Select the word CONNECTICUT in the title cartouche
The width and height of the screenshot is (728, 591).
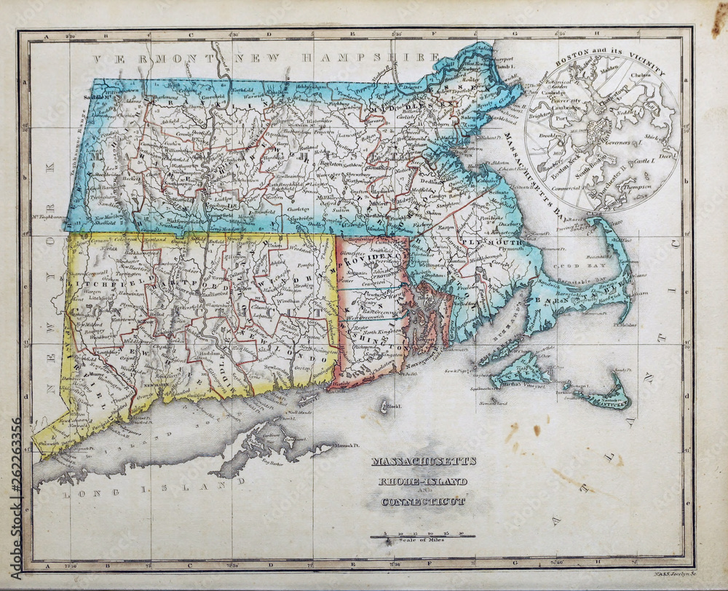(423, 501)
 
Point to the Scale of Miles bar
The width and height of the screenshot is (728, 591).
(422, 537)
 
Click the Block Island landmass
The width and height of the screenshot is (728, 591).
(384, 405)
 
